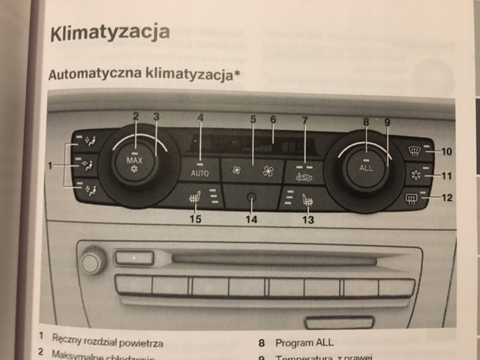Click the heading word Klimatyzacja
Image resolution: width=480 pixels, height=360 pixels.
(109, 32)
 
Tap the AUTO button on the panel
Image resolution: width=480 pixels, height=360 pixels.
(199, 171)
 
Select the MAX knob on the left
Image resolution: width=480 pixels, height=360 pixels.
(135, 165)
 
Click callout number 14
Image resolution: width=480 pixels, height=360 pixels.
(250, 220)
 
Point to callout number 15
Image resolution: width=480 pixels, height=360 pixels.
(195, 220)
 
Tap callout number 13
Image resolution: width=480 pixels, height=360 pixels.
(307, 220)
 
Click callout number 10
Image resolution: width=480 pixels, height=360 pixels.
(446, 151)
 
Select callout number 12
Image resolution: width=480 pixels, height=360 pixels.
(446, 198)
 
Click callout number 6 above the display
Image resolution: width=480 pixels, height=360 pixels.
(273, 119)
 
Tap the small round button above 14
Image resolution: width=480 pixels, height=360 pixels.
(250, 198)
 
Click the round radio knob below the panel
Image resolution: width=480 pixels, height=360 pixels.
(93, 262)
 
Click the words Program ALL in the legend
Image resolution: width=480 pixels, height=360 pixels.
(304, 343)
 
